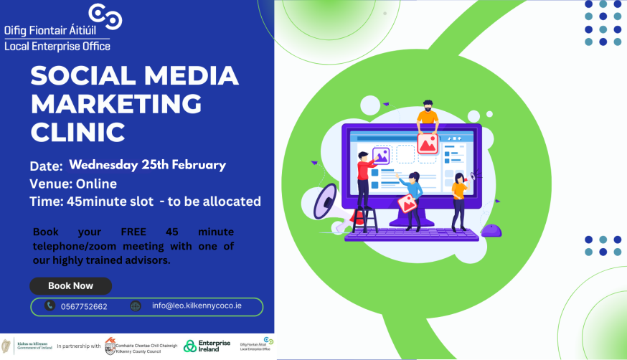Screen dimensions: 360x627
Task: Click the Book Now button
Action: click(70, 285)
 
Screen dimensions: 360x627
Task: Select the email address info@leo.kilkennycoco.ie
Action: click(207, 305)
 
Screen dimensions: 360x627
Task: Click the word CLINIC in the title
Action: click(78, 131)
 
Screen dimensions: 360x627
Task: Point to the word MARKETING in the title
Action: click(116, 104)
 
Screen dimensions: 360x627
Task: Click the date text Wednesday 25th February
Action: click(147, 165)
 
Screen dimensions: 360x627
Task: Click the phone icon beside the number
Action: click(49, 305)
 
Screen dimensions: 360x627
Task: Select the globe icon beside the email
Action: click(136, 306)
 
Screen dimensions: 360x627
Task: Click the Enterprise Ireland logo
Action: click(207, 346)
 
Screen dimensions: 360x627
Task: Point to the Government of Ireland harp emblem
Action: click(7, 346)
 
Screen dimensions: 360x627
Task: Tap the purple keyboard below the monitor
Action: click(412, 234)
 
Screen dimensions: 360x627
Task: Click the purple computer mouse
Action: click(491, 229)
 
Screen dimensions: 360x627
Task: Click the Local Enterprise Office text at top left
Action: click(57, 46)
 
